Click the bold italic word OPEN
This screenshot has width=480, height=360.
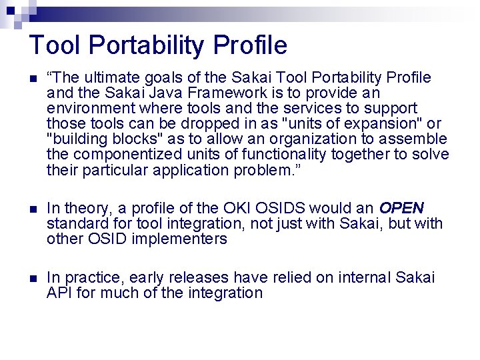(401, 207)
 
